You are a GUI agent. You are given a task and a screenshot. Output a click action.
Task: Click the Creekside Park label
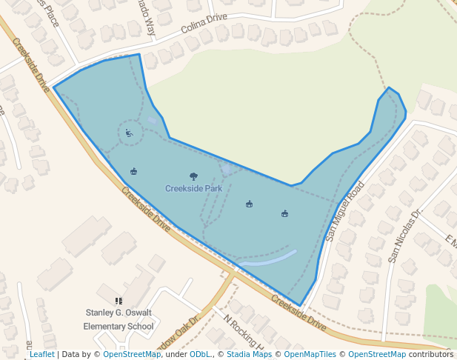[193, 189]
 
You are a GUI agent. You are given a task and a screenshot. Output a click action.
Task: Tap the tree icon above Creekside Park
[193, 176]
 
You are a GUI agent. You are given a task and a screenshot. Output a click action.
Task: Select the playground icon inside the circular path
[129, 133]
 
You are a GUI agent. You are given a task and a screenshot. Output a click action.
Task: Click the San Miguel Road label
[346, 212]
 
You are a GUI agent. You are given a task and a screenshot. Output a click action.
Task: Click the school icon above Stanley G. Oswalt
[119, 301]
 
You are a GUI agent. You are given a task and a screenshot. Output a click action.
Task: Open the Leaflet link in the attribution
[41, 355]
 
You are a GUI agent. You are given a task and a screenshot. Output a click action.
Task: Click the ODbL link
[199, 355]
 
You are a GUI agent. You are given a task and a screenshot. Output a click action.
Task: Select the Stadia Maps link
[250, 355]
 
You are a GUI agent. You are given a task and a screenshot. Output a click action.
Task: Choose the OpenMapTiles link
[309, 355]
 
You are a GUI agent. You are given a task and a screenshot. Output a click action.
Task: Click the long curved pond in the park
[267, 259]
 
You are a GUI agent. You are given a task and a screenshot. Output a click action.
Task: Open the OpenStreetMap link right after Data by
[132, 355]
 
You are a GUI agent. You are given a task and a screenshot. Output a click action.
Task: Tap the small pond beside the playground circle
[152, 120]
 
